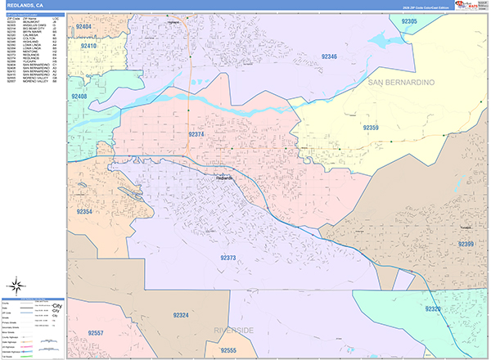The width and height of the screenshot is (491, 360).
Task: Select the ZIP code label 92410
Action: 88,47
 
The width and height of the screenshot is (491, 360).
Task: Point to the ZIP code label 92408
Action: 79,97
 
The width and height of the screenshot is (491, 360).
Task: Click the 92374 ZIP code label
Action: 196,134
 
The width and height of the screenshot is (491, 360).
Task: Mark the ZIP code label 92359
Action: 371,128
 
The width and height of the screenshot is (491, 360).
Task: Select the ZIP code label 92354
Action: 84,212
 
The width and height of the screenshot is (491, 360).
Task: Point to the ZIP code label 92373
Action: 227,258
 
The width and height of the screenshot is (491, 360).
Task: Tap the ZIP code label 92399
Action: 466,244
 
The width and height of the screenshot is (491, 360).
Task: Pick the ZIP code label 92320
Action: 432,308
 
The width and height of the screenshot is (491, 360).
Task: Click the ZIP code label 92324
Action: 180,315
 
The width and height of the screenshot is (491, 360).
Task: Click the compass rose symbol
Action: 16,286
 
